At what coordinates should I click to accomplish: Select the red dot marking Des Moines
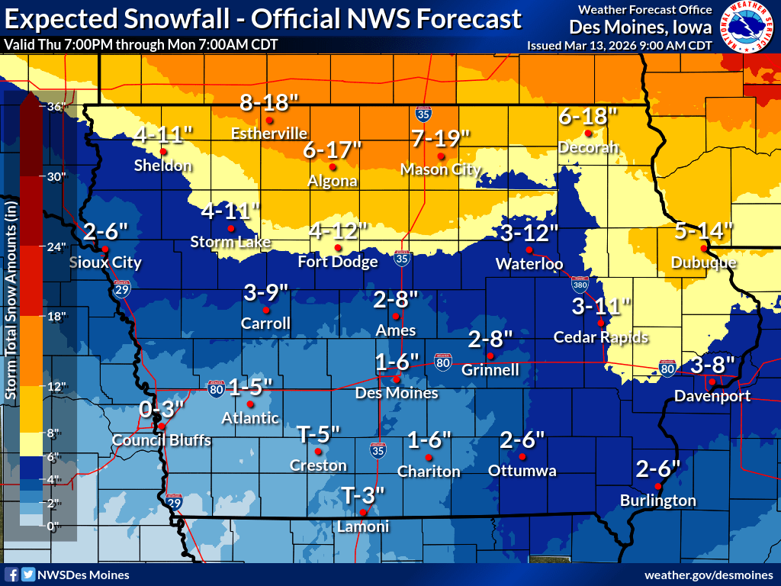pyautogui.click(x=396, y=378)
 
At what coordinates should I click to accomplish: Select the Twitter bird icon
pyautogui.click(x=27, y=575)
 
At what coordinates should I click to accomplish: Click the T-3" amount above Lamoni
pyautogui.click(x=362, y=493)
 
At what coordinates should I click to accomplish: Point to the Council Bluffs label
pyautogui.click(x=162, y=440)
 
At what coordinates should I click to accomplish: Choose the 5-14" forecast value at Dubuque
pyautogui.click(x=704, y=229)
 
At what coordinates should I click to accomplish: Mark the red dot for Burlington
pyautogui.click(x=658, y=486)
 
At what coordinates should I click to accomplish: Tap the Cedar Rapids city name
pyautogui.click(x=600, y=337)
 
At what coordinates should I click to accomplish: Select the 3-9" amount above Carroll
pyautogui.click(x=266, y=291)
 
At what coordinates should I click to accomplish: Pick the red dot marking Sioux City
pyautogui.click(x=105, y=250)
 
